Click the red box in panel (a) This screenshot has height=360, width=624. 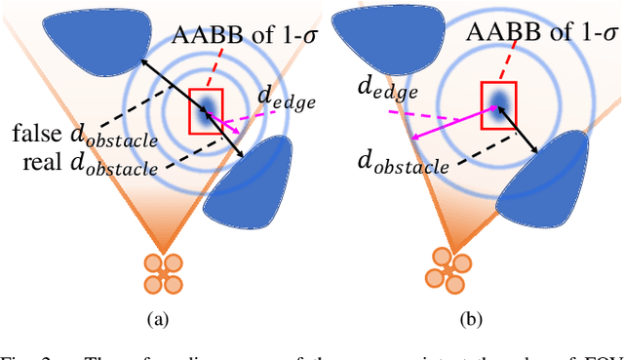click(x=207, y=109)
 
